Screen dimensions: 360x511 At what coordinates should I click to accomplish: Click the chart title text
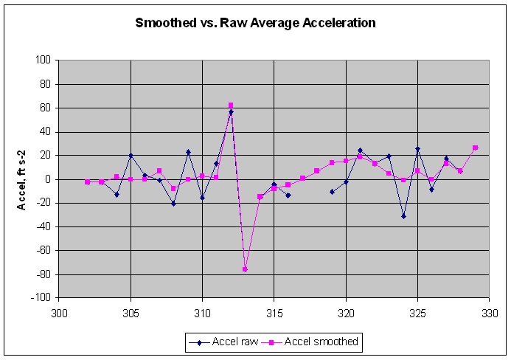[x=255, y=23]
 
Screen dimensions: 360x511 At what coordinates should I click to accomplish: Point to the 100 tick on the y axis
[x=45, y=60]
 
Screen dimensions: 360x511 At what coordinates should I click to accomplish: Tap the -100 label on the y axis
[x=43, y=298]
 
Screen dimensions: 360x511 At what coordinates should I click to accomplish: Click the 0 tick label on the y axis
[x=49, y=179]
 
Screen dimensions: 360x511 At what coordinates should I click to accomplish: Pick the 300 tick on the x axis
[x=59, y=313]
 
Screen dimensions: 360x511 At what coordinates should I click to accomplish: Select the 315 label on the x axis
[x=274, y=313]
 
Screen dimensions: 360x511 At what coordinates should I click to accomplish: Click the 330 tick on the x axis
[x=489, y=313]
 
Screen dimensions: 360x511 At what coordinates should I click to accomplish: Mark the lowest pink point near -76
[x=245, y=269]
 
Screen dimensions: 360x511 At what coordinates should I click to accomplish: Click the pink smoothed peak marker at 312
[x=231, y=105]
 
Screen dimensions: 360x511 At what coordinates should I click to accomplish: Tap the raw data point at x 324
[x=403, y=216]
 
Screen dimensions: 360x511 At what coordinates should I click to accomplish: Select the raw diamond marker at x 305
[x=131, y=156]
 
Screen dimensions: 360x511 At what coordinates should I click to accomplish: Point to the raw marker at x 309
[x=188, y=152]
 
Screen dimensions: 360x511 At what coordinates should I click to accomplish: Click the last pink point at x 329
[x=476, y=148]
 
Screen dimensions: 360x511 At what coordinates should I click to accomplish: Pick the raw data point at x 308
[x=173, y=204]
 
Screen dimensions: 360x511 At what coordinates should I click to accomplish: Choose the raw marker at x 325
[x=417, y=149]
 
